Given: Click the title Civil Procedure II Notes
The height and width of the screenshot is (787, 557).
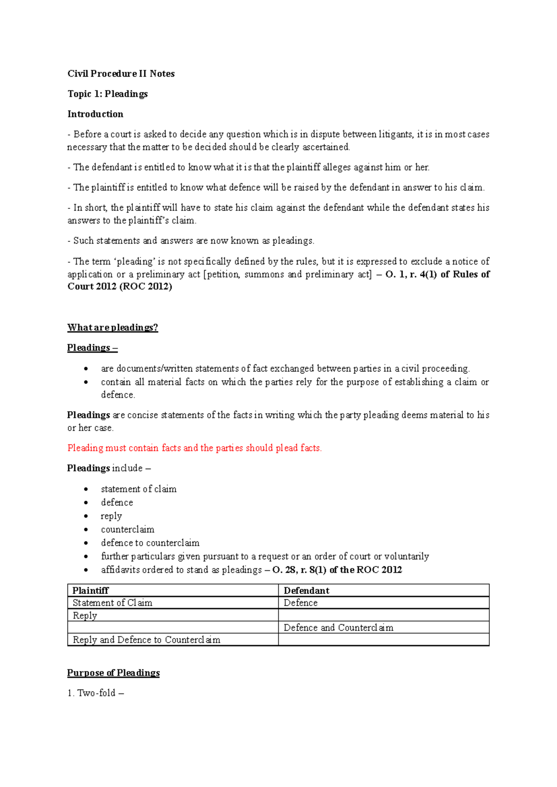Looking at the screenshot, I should click(121, 74).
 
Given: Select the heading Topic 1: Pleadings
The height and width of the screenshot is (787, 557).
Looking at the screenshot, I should click(107, 94).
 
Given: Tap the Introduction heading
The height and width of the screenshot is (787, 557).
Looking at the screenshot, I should click(95, 114).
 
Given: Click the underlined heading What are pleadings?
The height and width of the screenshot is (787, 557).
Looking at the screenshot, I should click(112, 328).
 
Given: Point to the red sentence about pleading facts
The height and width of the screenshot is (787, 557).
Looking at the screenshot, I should click(194, 448).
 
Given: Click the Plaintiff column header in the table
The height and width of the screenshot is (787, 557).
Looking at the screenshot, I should click(91, 591).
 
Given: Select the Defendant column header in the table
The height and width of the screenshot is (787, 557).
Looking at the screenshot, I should click(306, 591).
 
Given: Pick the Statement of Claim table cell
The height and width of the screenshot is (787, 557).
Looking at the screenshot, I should click(112, 603).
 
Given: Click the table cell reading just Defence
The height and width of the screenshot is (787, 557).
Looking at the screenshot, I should click(301, 603).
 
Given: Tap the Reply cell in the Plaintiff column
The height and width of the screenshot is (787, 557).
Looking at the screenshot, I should click(85, 615).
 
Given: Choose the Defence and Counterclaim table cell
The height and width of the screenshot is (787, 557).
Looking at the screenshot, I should click(338, 628).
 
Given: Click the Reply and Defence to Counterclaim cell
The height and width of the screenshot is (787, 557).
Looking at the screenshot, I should click(146, 640).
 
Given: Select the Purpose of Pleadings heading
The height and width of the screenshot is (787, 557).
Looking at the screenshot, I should click(113, 673).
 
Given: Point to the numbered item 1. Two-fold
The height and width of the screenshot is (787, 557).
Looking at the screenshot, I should click(96, 693).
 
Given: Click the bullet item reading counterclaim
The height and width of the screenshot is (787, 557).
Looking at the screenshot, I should click(128, 529).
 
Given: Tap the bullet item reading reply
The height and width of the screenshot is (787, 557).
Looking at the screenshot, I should click(111, 516).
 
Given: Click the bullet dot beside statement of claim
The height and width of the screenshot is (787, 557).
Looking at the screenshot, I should click(86, 489).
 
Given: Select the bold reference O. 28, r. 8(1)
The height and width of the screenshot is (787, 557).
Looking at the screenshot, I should click(299, 570).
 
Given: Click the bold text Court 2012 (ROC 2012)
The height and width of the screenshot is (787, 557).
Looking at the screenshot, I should click(120, 286).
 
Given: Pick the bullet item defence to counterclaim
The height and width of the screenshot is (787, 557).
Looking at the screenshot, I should click(150, 543).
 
